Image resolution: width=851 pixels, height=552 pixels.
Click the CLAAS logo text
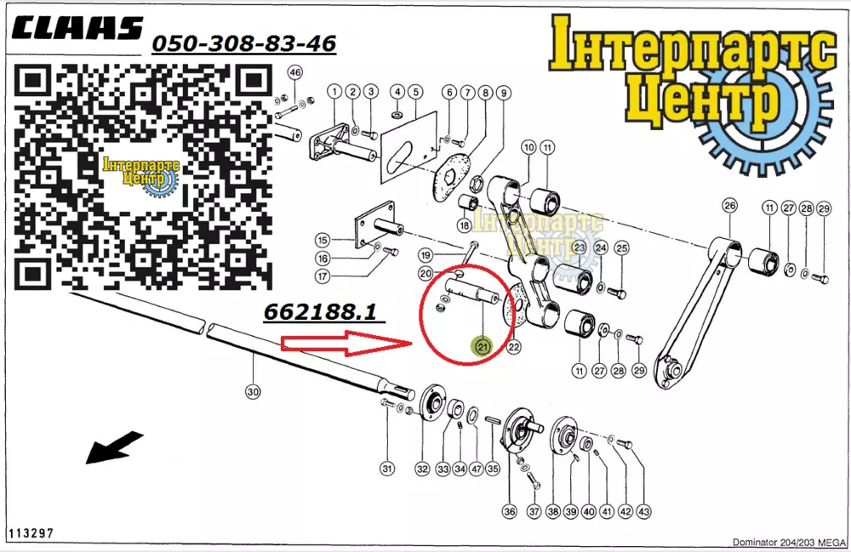coord(77,28)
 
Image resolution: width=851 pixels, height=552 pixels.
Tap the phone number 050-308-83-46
coord(243,43)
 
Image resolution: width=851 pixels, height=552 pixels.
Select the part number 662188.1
coord(320,312)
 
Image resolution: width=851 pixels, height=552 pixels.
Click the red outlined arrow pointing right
coord(346,344)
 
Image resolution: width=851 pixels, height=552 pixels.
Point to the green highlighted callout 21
coord(483,346)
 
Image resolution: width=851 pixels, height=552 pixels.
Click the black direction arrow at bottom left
coord(115,447)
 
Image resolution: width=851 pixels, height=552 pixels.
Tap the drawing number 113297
coord(31,533)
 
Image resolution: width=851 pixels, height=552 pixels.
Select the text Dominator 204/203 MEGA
coord(789,542)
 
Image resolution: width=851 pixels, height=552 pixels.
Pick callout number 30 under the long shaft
coord(253,391)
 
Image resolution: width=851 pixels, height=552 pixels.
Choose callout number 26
coord(730,206)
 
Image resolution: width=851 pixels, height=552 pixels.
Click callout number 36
coord(509,511)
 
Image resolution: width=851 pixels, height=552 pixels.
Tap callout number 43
coord(643,511)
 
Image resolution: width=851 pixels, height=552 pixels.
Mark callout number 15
coord(323,240)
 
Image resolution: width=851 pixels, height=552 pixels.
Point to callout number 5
coord(416,92)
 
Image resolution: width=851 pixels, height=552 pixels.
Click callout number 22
coord(513,347)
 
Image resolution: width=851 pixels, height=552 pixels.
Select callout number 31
coord(386,469)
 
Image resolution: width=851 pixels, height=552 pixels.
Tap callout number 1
coord(334,91)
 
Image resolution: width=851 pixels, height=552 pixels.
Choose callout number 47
coord(477,469)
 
